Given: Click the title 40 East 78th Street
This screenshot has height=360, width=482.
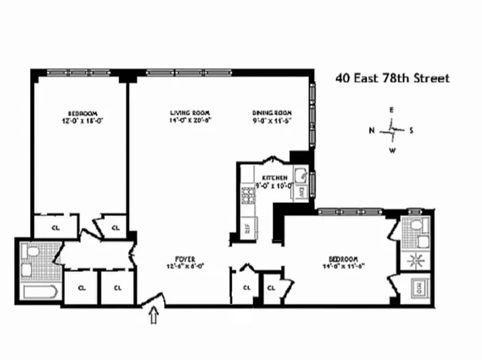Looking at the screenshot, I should (393, 78).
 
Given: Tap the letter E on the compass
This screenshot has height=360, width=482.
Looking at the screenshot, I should (391, 110).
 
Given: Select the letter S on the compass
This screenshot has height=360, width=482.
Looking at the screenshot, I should (411, 131).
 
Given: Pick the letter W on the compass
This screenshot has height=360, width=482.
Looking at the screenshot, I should (392, 151).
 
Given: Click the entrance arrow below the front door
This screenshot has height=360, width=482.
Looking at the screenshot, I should (154, 316).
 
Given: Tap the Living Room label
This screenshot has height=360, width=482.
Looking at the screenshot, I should (190, 112).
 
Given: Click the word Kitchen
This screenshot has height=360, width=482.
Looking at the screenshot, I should (271, 178).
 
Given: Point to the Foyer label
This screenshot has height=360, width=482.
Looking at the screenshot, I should (185, 259).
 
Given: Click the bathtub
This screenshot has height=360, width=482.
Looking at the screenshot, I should (40, 293).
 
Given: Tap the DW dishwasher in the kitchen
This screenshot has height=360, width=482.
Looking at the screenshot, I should (302, 191).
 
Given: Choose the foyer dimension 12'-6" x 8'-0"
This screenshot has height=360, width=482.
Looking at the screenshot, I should (185, 265).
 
